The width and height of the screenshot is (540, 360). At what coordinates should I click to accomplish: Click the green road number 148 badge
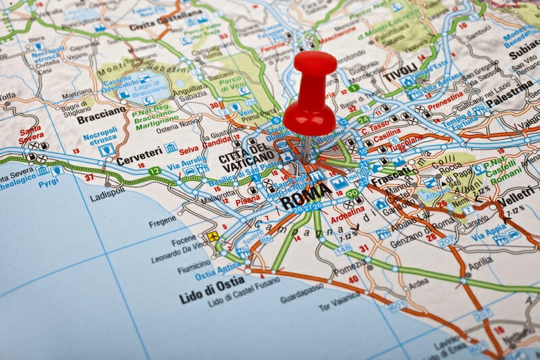(x=343, y=249)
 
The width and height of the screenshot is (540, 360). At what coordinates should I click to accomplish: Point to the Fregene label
(x=163, y=221)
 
